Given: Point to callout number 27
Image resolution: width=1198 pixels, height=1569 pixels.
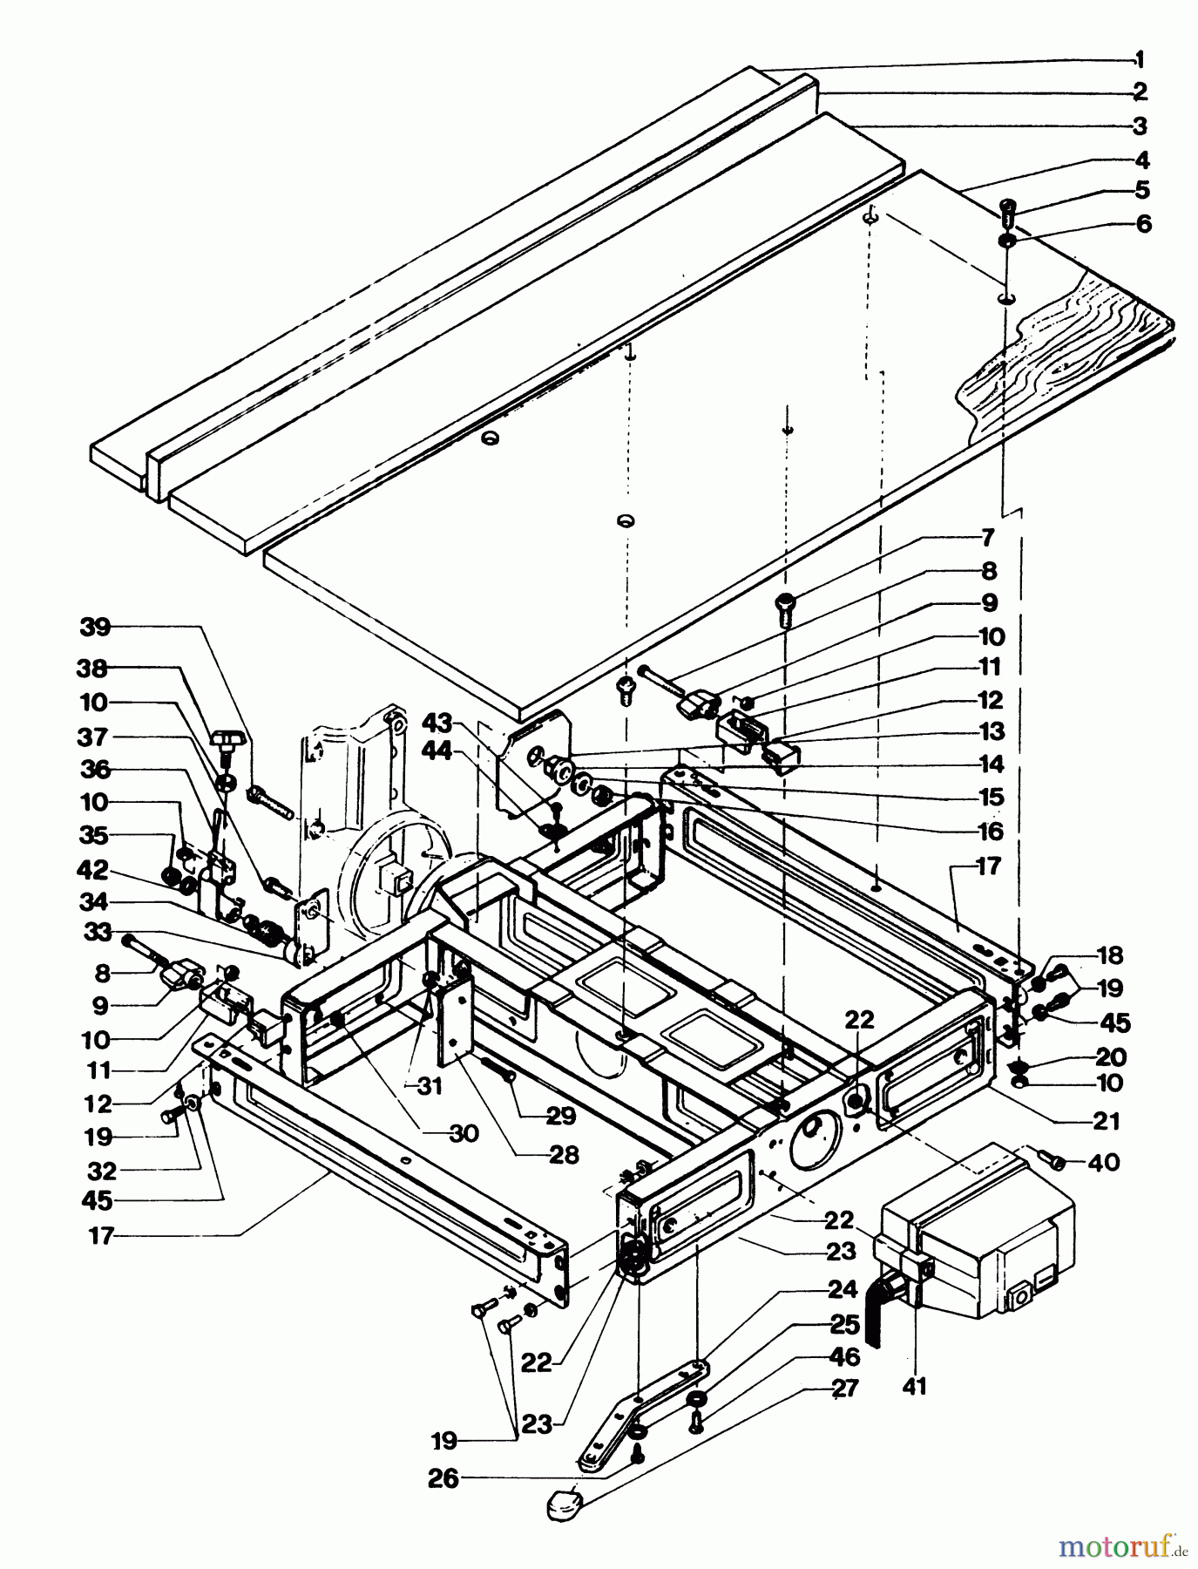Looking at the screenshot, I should pos(844,1388).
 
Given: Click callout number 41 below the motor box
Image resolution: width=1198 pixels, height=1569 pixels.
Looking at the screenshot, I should pos(915,1385).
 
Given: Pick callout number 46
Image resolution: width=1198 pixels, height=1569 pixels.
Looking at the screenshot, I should pos(845,1356).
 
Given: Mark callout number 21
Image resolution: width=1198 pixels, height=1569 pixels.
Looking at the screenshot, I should pos(1106,1121).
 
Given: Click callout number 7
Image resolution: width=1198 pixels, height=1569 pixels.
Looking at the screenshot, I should pos(988,538).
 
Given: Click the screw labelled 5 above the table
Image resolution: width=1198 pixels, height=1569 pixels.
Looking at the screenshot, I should pos(1010,210).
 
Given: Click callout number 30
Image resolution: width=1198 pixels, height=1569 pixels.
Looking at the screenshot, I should pos(464,1133).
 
